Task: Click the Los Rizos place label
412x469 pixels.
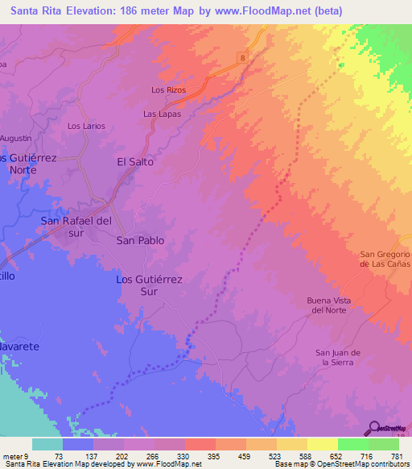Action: coord(169,90)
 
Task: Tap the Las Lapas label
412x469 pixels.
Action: coord(162,114)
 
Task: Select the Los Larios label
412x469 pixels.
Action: coord(86,126)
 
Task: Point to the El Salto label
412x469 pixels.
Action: coord(135,161)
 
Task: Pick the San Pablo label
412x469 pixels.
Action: coord(141,240)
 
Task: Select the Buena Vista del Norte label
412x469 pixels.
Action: coord(329,305)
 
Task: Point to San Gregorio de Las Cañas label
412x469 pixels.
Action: coord(385,259)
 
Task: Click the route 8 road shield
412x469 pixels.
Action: coord(241,56)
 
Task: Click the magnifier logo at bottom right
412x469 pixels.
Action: coord(375,428)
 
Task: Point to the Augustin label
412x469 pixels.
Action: coord(15,139)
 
